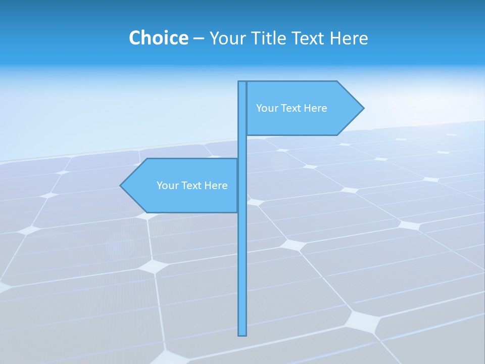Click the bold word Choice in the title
click(158, 38)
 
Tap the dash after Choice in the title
click(199, 38)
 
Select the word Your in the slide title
click(227, 38)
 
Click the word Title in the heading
click(270, 38)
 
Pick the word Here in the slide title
click(351, 38)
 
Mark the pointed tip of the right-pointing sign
click(363, 108)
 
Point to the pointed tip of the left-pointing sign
click(121, 186)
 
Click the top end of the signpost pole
click(243, 82)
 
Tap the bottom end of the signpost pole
click(243, 334)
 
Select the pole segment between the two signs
click(243, 147)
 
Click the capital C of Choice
click(135, 38)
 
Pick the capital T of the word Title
click(258, 38)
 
